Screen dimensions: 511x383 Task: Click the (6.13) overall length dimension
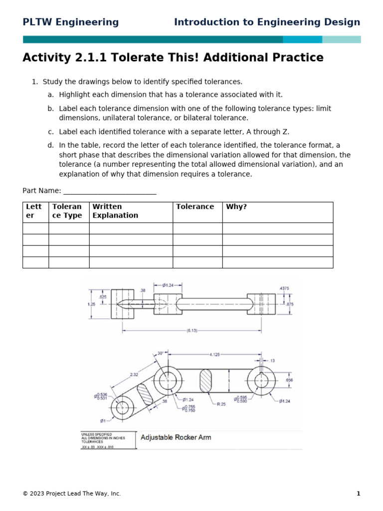(x=191, y=330)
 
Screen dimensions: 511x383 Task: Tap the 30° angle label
(x=161, y=353)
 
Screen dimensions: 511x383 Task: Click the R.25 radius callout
(x=220, y=404)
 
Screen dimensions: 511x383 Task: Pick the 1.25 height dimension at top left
(x=91, y=303)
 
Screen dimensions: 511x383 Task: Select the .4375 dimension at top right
(x=284, y=288)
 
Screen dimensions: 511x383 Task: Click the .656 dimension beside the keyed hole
(x=289, y=380)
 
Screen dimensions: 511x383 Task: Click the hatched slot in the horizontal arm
(x=205, y=380)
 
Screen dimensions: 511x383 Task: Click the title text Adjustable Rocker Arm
(x=176, y=438)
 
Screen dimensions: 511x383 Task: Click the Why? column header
(x=236, y=207)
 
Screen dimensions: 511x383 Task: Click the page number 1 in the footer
(x=358, y=494)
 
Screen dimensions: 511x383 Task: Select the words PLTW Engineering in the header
(x=71, y=22)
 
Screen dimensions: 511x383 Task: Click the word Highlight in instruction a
(x=75, y=94)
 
